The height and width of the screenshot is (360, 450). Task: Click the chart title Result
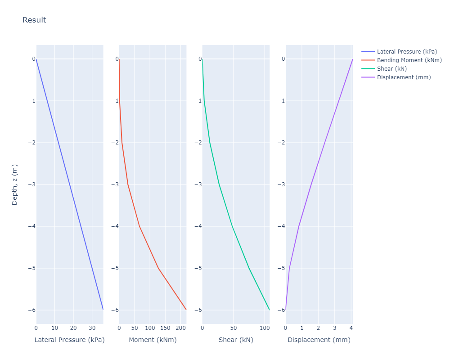coord(34,20)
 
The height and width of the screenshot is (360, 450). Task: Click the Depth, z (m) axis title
coord(15,184)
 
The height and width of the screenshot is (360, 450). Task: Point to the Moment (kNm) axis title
coord(153,340)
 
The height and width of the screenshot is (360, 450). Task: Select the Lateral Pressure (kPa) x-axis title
coord(69,340)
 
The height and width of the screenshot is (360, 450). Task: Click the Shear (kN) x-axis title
coord(236,340)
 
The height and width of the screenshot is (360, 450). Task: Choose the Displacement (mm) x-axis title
coord(319,340)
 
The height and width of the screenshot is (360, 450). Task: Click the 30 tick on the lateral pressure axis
coord(92,328)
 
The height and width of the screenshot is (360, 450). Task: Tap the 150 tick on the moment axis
coord(165,328)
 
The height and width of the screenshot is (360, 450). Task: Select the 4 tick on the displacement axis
coord(351,328)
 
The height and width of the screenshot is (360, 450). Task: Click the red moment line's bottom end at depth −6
coord(186,310)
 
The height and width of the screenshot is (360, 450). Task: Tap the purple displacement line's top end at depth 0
coord(352,59)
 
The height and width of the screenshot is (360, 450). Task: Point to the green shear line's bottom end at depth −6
coord(269,310)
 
